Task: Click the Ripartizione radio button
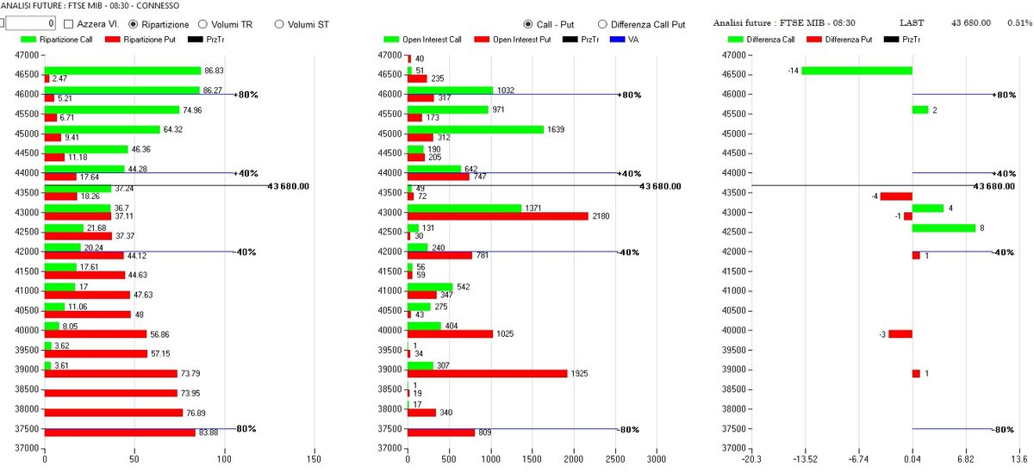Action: [x=134, y=24]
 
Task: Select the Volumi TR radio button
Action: [x=203, y=24]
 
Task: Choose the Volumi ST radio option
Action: [x=279, y=24]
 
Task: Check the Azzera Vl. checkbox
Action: [x=70, y=24]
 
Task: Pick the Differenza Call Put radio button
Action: [x=602, y=24]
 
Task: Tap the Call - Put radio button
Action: [x=529, y=24]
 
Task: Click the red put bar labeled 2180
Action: [x=497, y=215]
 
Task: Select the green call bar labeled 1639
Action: [x=476, y=129]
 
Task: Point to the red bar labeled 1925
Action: [x=487, y=374]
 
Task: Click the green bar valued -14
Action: [x=856, y=71]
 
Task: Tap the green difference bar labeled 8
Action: [x=944, y=227]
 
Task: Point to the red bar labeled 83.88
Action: [x=120, y=433]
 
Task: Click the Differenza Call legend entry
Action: [x=758, y=40]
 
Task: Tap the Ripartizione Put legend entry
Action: [x=139, y=40]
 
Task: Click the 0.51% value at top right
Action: [x=1019, y=23]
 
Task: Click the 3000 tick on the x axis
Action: [x=657, y=459]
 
